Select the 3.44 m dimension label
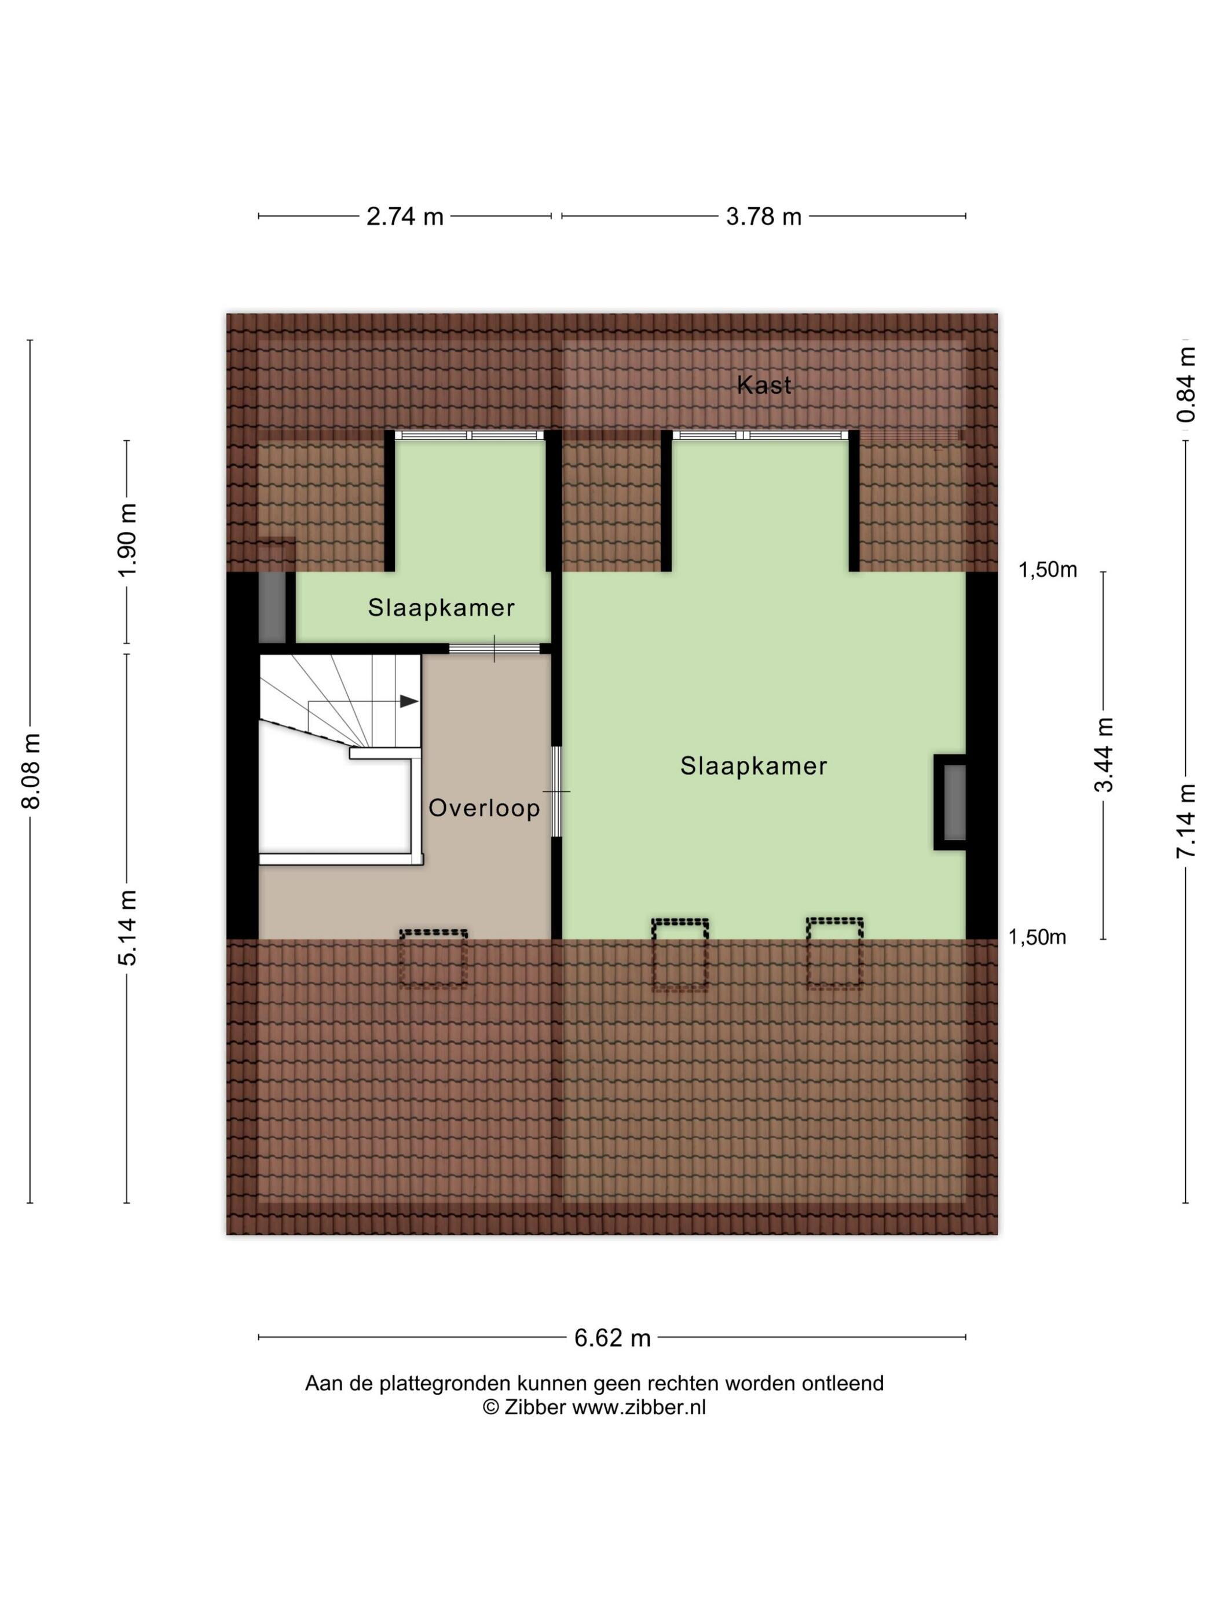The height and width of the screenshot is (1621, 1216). pos(1103,755)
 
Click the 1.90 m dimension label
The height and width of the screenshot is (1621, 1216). pos(127,541)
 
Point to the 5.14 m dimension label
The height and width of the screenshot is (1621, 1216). pos(127,928)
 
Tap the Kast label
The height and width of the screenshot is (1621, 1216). pos(764,385)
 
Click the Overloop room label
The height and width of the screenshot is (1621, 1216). pos(484,808)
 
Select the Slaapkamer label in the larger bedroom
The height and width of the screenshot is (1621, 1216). pos(753,766)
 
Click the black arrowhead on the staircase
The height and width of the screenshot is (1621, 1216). pos(409,701)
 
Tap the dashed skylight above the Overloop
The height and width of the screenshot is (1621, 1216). pos(433,959)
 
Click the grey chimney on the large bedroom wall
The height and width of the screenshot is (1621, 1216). pos(950,802)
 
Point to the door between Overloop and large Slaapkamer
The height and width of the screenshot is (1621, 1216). pos(556,792)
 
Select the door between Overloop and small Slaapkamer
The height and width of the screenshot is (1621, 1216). pos(495,648)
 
